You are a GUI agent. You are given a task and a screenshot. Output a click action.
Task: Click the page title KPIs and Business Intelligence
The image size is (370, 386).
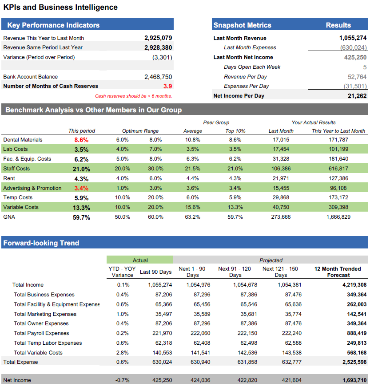pos(60,8)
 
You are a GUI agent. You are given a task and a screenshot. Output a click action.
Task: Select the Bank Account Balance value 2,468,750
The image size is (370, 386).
pos(158,77)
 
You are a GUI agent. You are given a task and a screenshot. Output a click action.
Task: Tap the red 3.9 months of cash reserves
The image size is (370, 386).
pos(167,86)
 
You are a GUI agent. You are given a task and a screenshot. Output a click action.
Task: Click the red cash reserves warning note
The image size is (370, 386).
pos(133,96)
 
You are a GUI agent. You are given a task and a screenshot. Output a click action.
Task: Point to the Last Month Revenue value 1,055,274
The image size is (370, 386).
pos(353,38)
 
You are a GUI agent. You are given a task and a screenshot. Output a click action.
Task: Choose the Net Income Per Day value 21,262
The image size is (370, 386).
pos(357,96)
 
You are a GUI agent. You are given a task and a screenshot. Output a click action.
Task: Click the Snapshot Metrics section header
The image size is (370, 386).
pos(242,25)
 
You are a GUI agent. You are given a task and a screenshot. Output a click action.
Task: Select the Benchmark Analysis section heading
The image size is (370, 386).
pos(93,110)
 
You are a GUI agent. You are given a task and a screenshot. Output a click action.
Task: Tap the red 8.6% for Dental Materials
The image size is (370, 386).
pos(81,140)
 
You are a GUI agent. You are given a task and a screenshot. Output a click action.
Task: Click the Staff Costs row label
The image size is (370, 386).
pos(16,169)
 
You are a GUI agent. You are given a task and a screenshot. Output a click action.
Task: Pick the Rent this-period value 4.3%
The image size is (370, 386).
pos(81,179)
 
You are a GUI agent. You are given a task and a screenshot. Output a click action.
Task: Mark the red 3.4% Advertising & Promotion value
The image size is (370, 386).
pos(81,188)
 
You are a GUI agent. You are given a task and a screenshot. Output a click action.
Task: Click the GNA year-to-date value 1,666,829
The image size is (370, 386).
pos(338,217)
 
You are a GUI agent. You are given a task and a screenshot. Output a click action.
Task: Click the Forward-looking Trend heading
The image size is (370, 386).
pos(41,243)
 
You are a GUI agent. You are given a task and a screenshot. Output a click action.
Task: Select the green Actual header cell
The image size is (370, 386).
pos(140,260)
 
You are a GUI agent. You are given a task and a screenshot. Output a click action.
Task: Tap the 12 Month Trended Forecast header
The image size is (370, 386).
pos(338,272)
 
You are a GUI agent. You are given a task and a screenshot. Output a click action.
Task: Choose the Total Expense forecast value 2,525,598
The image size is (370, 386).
pos(354,362)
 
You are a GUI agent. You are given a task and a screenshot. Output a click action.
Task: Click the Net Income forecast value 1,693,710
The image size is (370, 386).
pos(354,380)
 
